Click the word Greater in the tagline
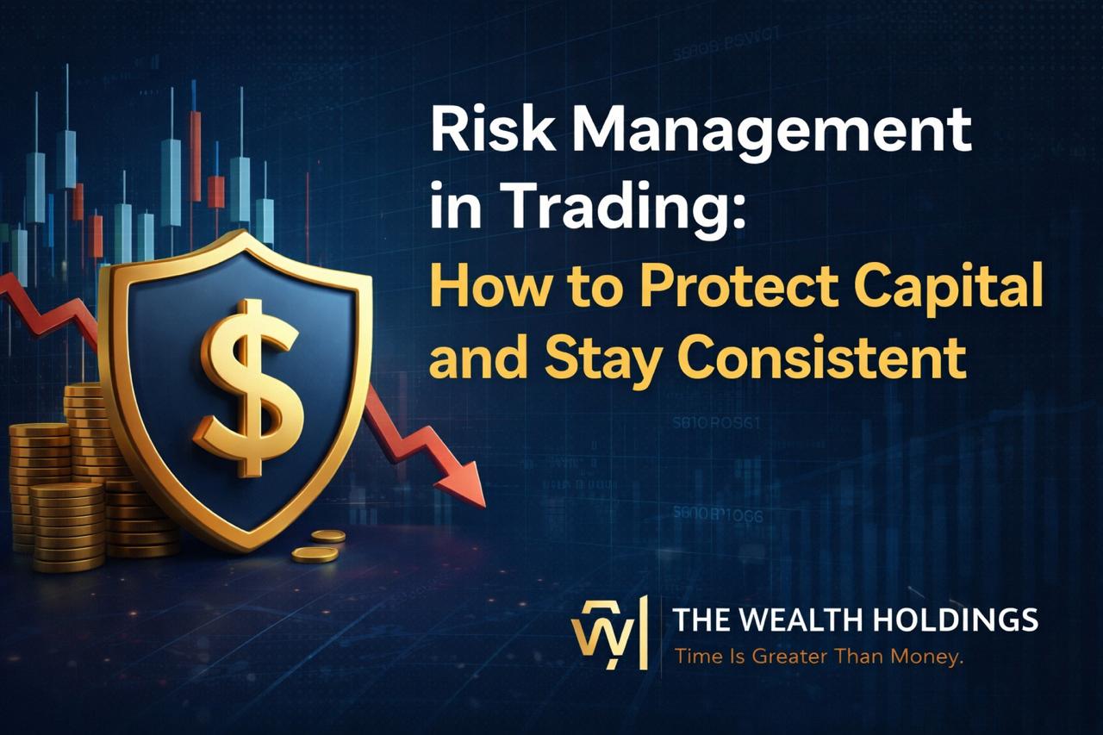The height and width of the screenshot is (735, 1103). tap(789, 657)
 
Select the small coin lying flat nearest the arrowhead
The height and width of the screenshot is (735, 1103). tap(328, 535)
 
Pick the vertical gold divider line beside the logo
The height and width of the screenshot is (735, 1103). tap(644, 632)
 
